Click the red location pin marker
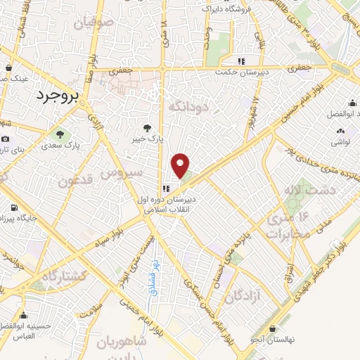[x=181, y=165]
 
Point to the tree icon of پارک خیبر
[x=147, y=127]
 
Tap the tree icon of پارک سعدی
[x=58, y=134]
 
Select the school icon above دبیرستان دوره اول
[x=166, y=188]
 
